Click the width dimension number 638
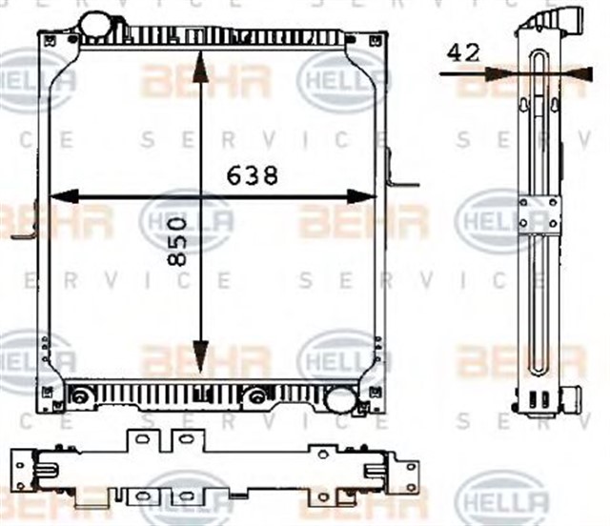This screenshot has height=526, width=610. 253,175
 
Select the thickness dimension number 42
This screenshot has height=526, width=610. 463,53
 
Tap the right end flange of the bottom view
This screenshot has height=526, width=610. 408,474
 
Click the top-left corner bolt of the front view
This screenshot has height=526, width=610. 47,39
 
